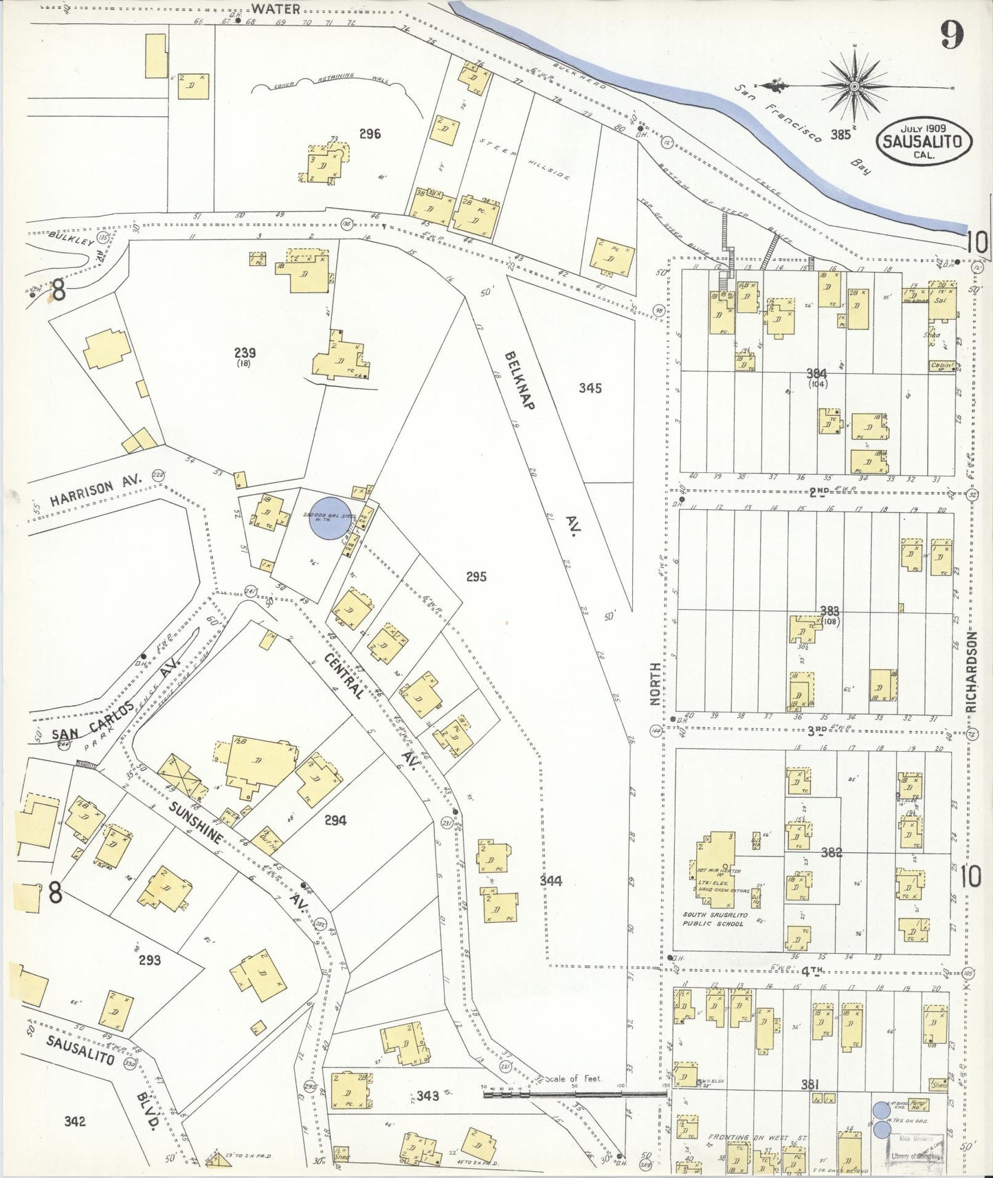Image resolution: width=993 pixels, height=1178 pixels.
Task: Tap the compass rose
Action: (x=853, y=87)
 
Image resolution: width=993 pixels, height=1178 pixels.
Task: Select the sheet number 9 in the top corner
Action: (x=951, y=36)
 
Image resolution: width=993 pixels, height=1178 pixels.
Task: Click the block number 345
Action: (x=590, y=388)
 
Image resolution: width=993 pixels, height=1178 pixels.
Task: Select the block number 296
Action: (x=370, y=134)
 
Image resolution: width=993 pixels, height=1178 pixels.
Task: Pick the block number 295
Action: (x=476, y=576)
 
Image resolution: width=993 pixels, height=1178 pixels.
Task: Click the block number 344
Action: (x=550, y=880)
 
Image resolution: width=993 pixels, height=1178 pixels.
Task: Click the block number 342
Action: (x=74, y=1122)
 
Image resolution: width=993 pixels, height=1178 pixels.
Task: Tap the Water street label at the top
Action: (x=275, y=9)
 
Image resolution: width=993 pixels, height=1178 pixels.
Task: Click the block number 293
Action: (x=149, y=959)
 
